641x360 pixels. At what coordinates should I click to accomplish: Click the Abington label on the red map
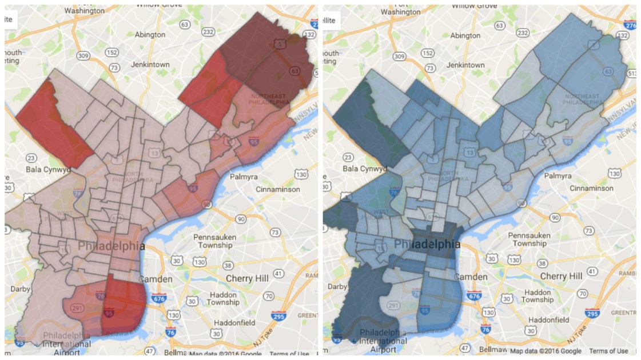(150, 35)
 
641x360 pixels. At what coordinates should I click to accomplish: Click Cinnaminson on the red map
(273, 188)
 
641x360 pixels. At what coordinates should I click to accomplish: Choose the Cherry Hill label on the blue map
(562, 277)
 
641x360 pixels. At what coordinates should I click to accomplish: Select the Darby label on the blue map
(338, 287)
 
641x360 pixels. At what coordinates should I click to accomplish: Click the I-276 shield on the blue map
(630, 26)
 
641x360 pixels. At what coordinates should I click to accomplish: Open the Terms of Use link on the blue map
(608, 351)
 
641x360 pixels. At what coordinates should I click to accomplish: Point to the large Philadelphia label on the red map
(111, 246)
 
